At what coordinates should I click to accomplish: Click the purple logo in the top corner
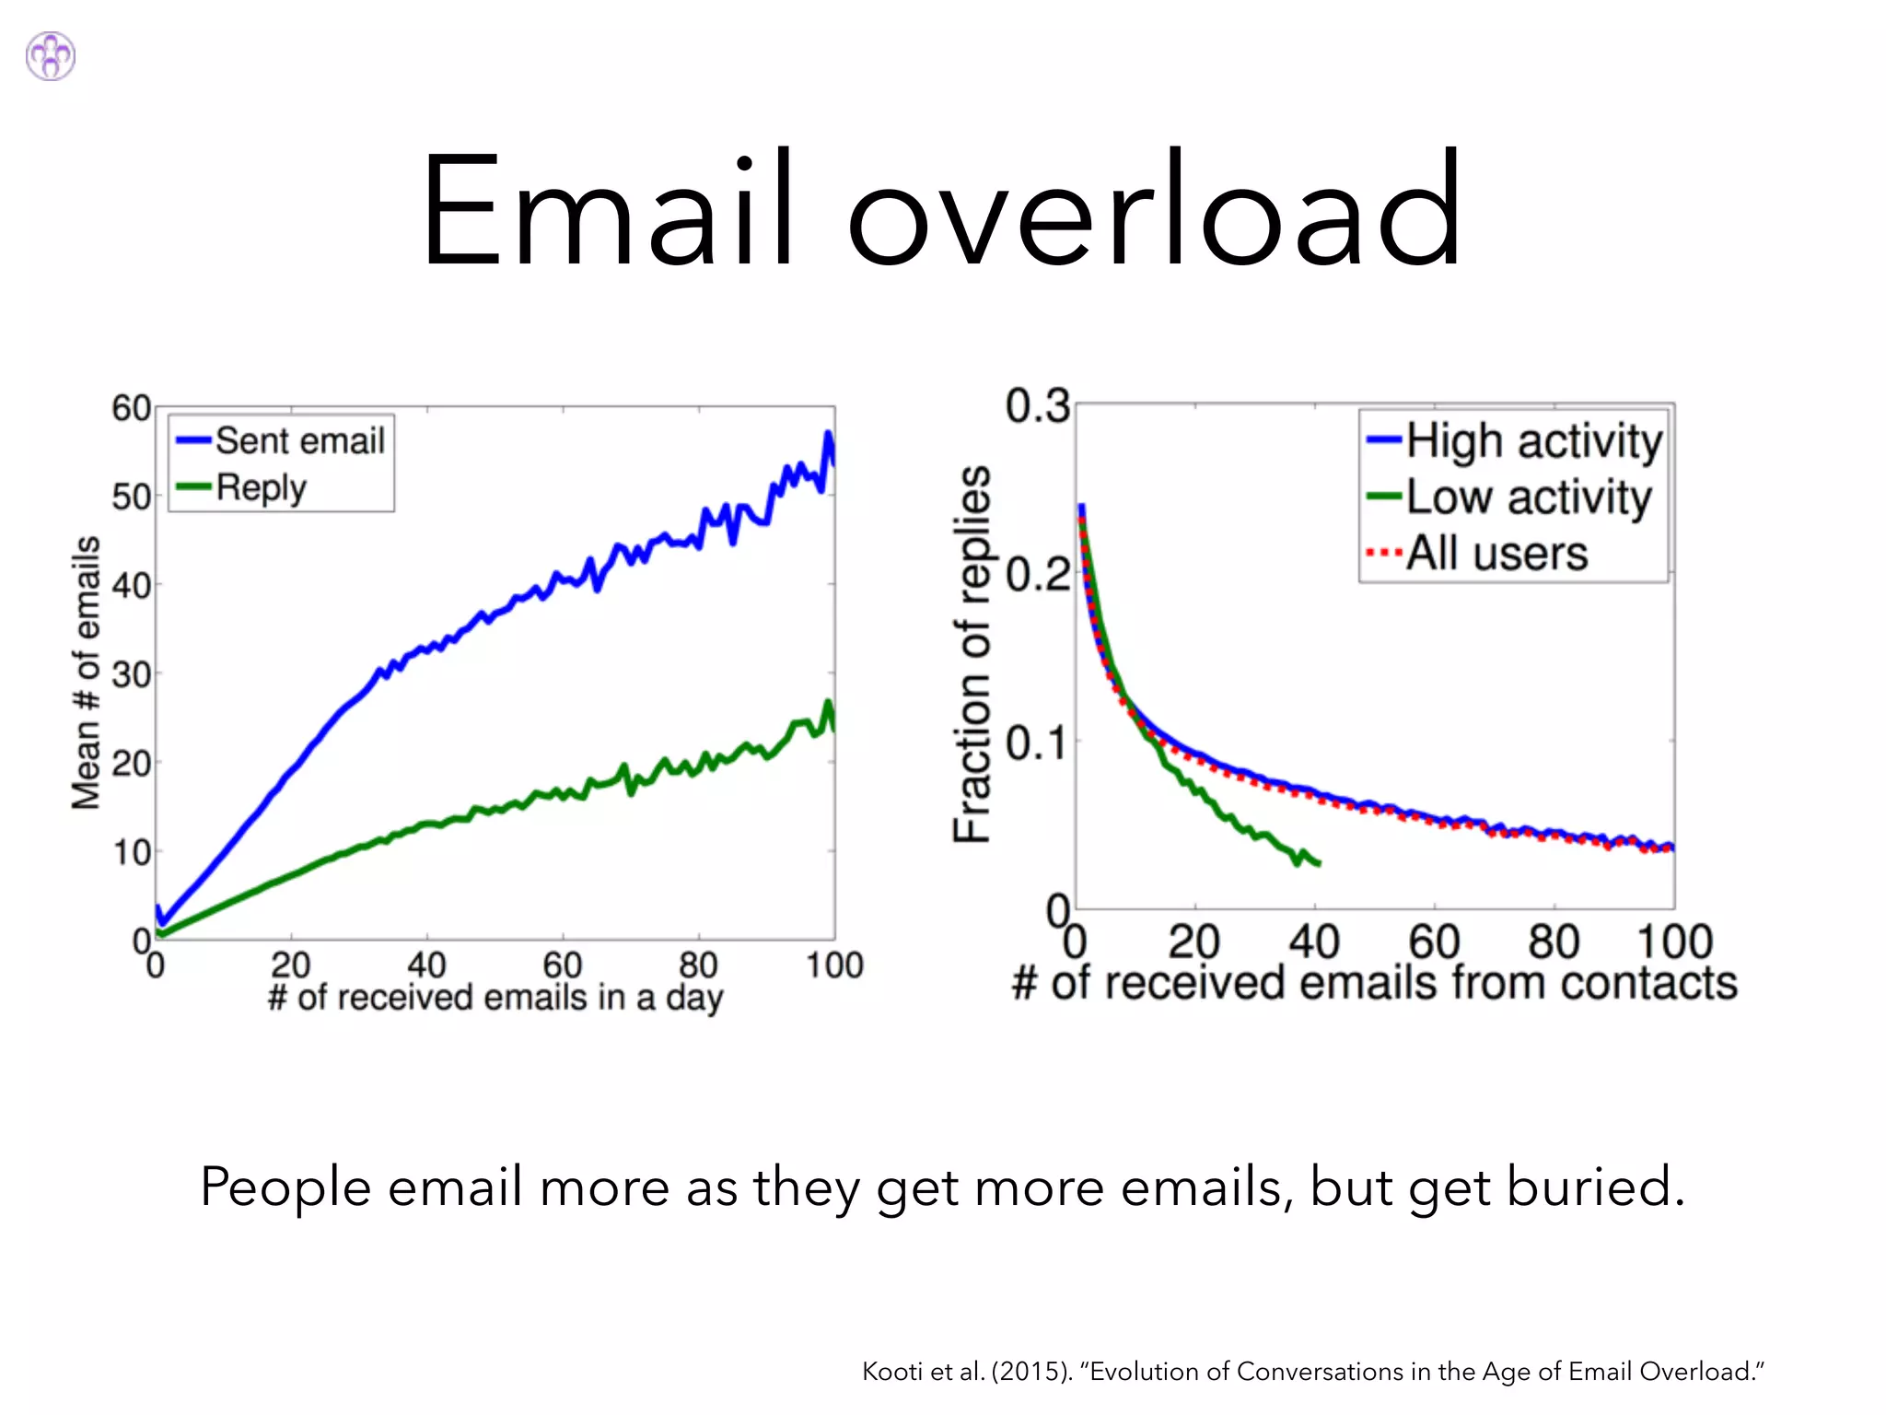tap(51, 56)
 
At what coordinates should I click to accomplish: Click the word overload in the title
tap(1154, 210)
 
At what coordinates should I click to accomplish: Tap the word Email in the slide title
tap(606, 210)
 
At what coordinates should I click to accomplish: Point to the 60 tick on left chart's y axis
tap(131, 407)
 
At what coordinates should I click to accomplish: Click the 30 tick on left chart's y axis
tap(131, 674)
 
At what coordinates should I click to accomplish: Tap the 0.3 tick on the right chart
tap(1037, 406)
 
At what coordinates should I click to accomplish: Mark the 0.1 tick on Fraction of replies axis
tap(1037, 743)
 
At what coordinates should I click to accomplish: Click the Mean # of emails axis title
tap(87, 672)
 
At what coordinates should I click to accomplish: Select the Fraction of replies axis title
tap(972, 654)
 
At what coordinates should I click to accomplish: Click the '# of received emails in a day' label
tap(495, 998)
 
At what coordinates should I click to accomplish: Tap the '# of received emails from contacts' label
tap(1374, 983)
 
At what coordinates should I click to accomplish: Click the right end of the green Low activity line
tap(1320, 863)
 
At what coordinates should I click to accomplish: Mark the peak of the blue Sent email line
tap(828, 433)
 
